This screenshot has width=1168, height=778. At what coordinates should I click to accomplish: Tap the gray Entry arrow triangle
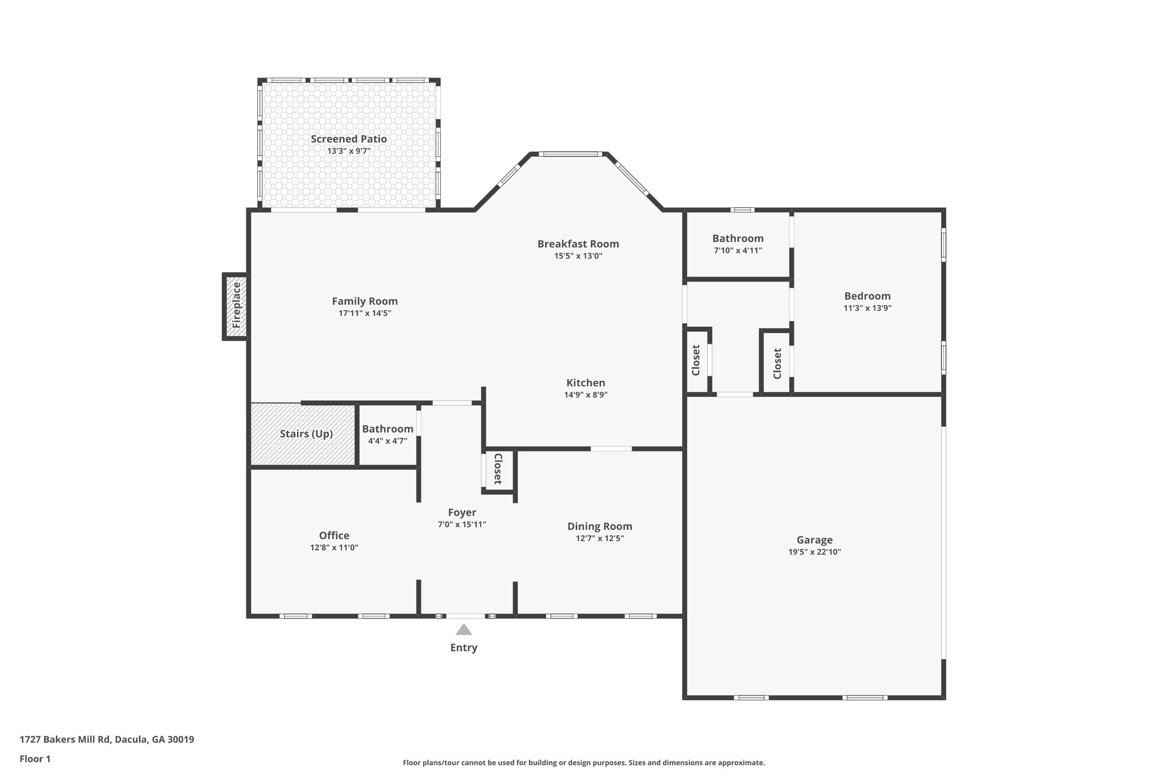click(464, 629)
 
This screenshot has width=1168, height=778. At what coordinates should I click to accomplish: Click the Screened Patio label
click(348, 139)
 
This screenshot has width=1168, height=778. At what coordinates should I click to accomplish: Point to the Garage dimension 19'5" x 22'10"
click(814, 552)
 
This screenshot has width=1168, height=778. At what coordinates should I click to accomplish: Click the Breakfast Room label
click(578, 244)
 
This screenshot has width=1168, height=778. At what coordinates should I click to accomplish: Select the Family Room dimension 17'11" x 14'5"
click(364, 313)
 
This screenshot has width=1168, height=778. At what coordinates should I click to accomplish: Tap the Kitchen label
click(585, 383)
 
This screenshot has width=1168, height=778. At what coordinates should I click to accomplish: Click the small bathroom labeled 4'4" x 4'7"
click(387, 434)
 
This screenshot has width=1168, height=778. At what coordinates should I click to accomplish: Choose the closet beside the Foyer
click(498, 469)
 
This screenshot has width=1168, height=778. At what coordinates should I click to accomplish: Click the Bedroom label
click(867, 296)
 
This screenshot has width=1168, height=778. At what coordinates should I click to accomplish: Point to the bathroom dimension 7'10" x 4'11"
click(737, 250)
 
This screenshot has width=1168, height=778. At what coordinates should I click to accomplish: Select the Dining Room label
click(599, 527)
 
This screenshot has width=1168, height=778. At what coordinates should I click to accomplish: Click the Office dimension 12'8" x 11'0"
click(334, 548)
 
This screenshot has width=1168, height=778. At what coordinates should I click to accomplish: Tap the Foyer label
click(461, 512)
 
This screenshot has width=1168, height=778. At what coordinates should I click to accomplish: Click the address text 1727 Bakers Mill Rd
click(107, 740)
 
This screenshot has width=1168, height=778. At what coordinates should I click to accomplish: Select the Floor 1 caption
click(35, 759)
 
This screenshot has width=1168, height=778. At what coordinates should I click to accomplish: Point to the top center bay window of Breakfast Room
click(570, 154)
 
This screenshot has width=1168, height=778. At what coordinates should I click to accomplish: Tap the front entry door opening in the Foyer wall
click(465, 616)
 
